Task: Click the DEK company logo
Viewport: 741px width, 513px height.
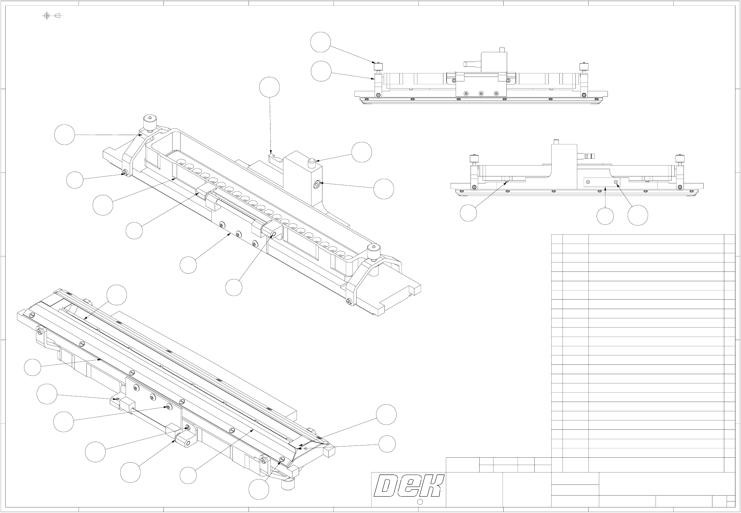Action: [x=409, y=486]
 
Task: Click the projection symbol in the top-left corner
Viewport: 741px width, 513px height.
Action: [x=52, y=16]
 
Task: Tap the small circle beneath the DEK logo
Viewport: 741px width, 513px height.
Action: [x=420, y=502]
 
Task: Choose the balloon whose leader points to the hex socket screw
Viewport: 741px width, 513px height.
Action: [x=384, y=189]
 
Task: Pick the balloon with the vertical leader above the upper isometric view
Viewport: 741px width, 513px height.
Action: [x=270, y=87]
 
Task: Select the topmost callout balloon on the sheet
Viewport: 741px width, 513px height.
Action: [x=321, y=42]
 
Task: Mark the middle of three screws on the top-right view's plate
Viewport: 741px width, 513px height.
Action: [x=481, y=93]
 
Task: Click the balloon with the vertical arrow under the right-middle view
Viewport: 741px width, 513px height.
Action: [x=605, y=216]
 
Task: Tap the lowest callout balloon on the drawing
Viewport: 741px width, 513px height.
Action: [x=259, y=489]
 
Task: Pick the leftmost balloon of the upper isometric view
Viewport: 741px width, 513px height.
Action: [x=65, y=135]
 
